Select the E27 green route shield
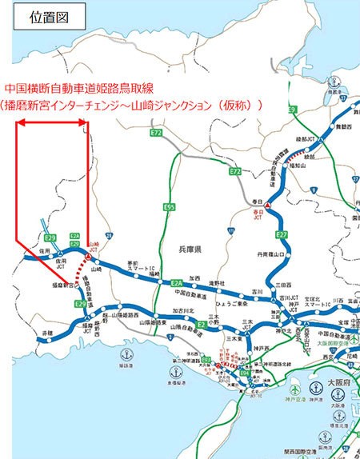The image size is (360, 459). (281, 233)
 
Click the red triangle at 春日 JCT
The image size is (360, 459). (269, 206)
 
